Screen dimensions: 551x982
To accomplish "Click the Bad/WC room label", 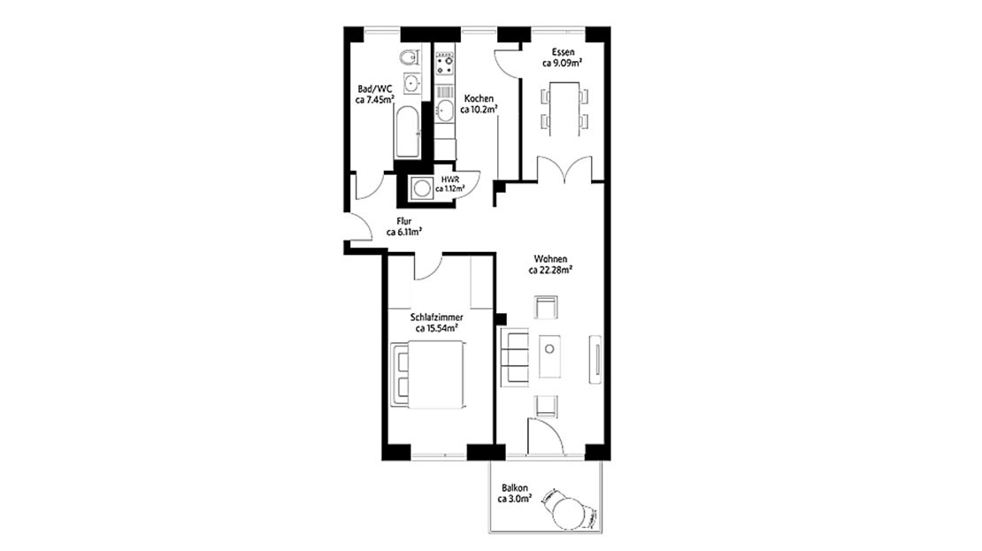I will click(x=374, y=89).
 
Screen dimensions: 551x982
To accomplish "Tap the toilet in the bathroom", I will click(x=409, y=58).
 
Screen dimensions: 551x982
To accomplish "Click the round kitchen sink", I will click(x=445, y=110).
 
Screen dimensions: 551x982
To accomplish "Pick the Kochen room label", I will click(x=479, y=98).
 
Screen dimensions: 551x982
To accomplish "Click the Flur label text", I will click(x=403, y=221).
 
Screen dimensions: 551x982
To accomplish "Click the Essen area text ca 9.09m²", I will click(x=562, y=64).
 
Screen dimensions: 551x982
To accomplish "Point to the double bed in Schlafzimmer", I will click(x=426, y=376).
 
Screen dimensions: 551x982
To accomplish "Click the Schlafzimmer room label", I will click(x=437, y=317).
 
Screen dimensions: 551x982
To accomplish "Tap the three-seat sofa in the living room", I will click(x=513, y=356).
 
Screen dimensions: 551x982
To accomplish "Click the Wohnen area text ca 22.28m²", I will click(x=550, y=271).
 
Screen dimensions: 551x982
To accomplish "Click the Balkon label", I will click(x=515, y=487).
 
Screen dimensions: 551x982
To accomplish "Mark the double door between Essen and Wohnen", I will click(x=563, y=169).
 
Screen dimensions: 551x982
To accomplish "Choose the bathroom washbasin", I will click(x=411, y=84).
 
